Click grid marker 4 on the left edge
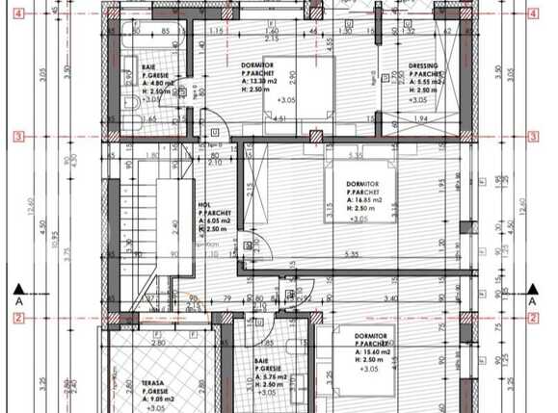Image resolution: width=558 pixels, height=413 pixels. coord(17,13)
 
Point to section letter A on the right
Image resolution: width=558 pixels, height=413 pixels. coord(533,300)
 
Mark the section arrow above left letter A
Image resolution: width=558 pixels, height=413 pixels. coord(17,287)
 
